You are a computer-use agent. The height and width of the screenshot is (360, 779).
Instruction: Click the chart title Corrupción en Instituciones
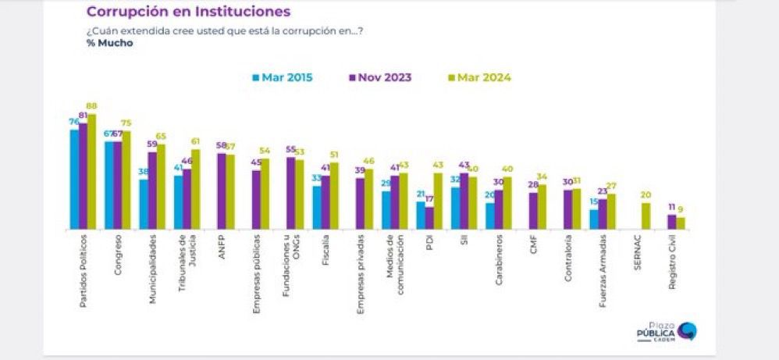pos(188,12)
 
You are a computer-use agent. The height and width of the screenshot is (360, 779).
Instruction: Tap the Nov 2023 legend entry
pos(379,77)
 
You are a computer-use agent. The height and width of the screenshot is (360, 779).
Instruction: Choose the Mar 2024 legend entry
pos(478,77)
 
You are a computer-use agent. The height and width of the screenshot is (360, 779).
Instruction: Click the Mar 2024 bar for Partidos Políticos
pos(91,172)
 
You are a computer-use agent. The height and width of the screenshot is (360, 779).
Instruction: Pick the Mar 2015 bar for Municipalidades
pos(144,205)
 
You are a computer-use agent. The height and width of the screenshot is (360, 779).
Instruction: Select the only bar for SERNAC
pos(646,216)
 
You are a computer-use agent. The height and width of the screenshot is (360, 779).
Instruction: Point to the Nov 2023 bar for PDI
pos(429,219)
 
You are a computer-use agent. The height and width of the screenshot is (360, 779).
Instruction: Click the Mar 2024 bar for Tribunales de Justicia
pos(195,190)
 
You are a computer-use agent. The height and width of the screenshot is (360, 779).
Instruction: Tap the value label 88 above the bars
pos(91,107)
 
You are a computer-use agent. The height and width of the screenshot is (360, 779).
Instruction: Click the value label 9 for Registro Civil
pos(681,209)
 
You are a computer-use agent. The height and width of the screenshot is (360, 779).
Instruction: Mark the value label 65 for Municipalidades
pos(161,136)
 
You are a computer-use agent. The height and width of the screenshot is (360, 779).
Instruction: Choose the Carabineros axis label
pos(498,259)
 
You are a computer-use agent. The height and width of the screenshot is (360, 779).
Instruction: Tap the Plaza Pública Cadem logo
pos(667,331)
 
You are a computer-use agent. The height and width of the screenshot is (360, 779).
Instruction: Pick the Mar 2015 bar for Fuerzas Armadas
pos(594,220)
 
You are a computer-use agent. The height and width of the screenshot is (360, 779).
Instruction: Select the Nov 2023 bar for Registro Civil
pos(671,223)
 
